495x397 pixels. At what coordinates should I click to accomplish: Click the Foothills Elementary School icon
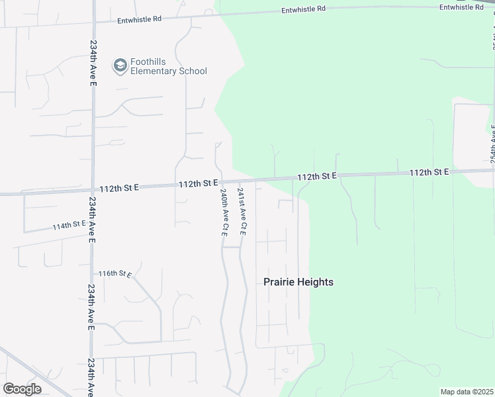pos(120,65)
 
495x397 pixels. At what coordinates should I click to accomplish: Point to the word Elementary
pos(154,71)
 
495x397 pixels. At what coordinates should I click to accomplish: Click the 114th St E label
pos(70,226)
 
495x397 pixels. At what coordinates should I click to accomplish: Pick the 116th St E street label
pos(116,273)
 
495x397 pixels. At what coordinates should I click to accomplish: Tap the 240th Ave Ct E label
pos(224,212)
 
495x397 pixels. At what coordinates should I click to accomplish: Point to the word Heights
pos(316,282)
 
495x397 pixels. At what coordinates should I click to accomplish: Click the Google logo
pos(22,389)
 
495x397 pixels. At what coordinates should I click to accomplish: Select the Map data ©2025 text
pos(466,392)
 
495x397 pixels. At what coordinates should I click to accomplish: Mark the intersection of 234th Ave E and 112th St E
pos(93,191)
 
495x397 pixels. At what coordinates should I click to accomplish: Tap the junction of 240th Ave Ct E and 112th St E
pos(220,182)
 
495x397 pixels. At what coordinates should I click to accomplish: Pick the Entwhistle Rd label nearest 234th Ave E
pos(140,20)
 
